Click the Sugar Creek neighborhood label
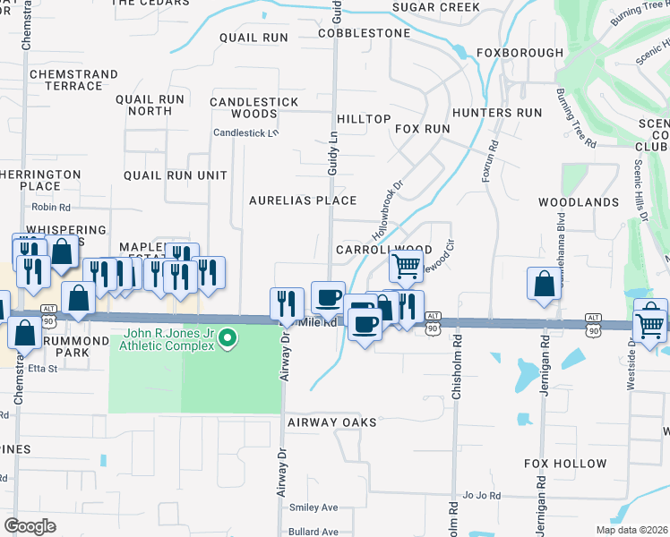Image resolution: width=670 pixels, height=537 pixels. [436, 7]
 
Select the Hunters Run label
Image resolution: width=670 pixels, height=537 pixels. [497, 113]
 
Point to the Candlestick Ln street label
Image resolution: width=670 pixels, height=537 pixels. [246, 132]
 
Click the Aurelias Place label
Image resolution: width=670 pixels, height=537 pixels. [303, 200]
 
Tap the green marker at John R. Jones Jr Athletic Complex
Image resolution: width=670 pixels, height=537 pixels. [228, 337]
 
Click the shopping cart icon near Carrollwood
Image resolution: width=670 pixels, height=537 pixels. [406, 265]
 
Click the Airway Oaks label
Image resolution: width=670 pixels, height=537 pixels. [331, 421]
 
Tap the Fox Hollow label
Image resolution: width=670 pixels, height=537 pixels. [565, 464]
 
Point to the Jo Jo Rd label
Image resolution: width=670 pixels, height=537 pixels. [482, 495]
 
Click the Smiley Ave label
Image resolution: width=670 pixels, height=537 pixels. [313, 507]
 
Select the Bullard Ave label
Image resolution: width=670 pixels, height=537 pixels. [314, 532]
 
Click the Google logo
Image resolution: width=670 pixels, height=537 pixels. [30, 526]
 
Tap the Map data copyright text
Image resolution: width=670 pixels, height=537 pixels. [631, 530]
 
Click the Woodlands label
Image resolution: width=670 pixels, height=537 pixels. [579, 202]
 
